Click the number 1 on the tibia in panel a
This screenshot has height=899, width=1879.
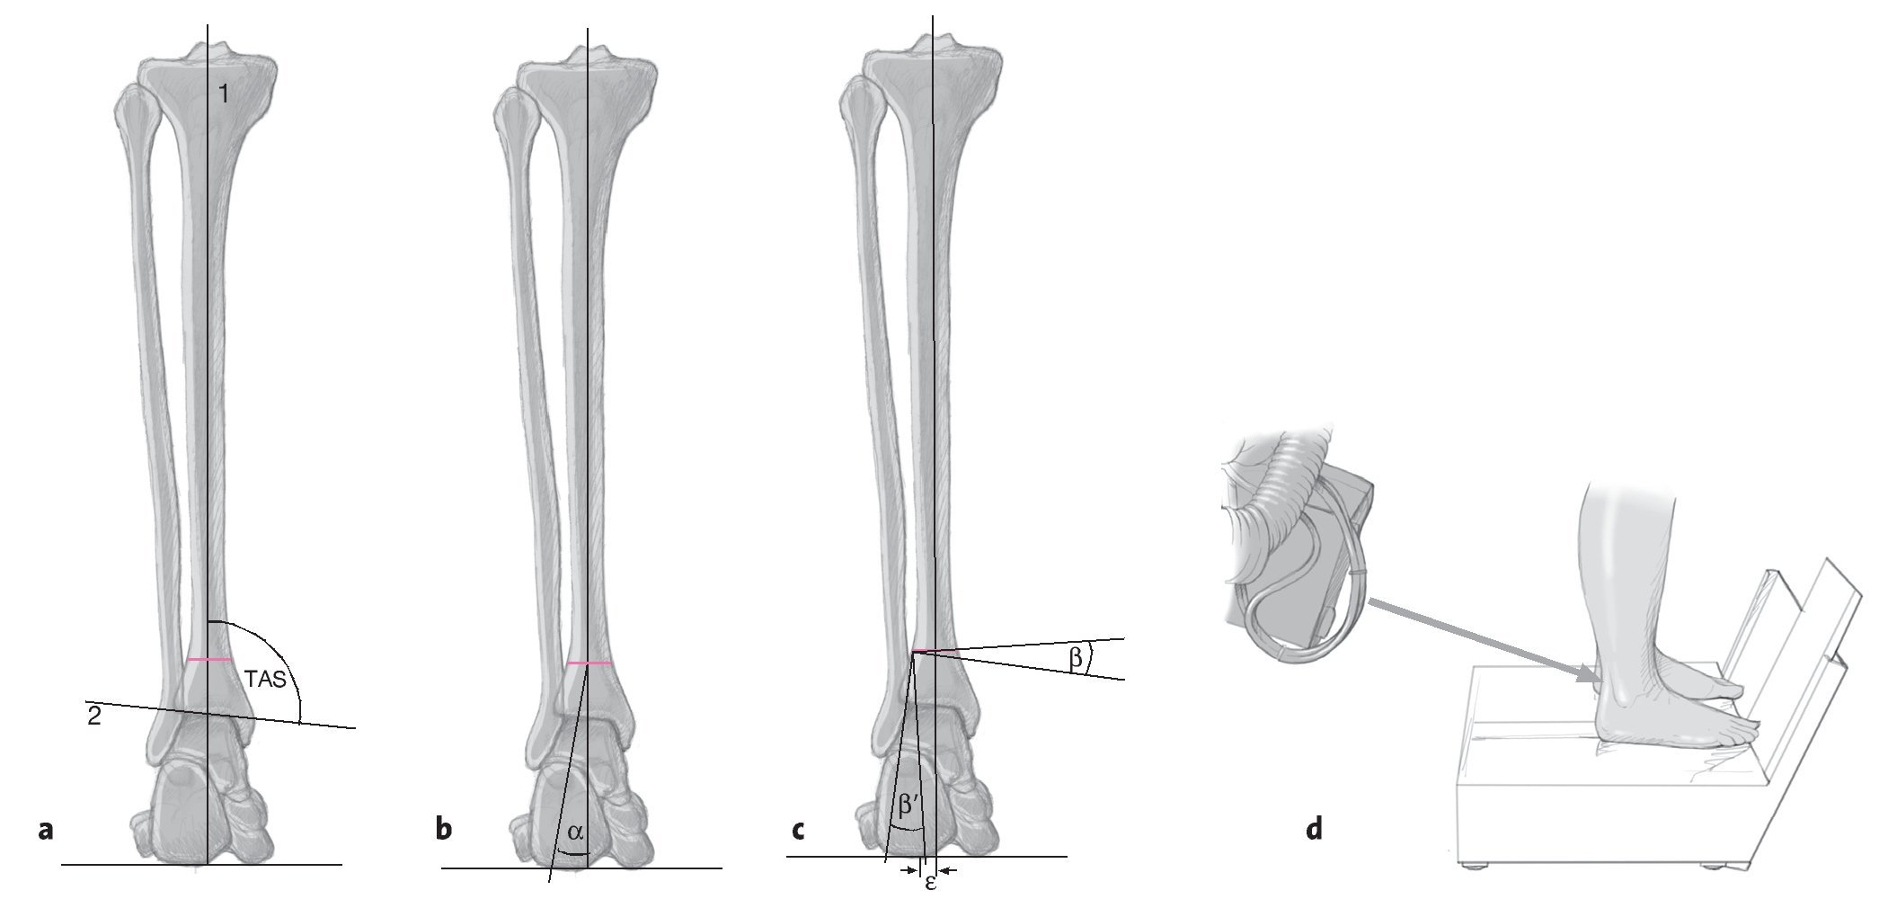(x=223, y=93)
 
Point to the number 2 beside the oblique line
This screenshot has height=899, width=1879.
(x=93, y=717)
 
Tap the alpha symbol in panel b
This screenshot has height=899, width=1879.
(x=575, y=832)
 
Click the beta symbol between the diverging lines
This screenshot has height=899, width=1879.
(x=1075, y=658)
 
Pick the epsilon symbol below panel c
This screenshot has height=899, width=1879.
(x=931, y=883)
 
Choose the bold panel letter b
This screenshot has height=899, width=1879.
(x=443, y=828)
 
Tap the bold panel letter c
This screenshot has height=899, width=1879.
(x=797, y=829)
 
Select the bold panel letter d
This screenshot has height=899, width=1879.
(x=1314, y=828)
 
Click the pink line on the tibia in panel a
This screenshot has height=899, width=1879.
(x=208, y=661)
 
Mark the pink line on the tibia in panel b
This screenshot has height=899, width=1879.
(x=589, y=663)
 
